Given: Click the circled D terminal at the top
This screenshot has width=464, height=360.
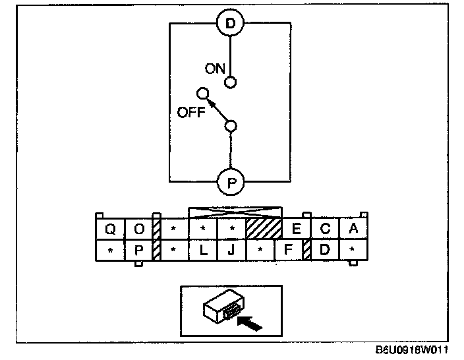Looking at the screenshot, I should click(x=230, y=24).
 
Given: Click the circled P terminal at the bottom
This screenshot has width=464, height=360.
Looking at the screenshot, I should click(x=230, y=181).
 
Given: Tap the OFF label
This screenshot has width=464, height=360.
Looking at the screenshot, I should click(x=192, y=112).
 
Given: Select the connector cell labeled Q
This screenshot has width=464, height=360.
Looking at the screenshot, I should click(x=110, y=229).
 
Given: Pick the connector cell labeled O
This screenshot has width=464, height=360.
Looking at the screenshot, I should click(x=138, y=229).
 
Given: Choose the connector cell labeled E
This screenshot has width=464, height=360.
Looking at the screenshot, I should click(x=296, y=229).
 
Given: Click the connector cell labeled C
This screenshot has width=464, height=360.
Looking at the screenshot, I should click(x=325, y=229).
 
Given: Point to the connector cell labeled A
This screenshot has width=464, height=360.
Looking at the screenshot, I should click(x=353, y=229).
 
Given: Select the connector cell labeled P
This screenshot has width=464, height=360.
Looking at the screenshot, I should click(x=138, y=251).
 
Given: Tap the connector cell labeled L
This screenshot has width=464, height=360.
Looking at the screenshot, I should click(x=203, y=251).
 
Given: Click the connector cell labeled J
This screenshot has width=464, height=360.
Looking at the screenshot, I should click(x=231, y=251).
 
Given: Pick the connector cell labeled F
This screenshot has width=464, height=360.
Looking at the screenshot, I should click(x=287, y=251).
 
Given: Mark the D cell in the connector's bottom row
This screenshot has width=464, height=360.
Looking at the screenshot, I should click(x=324, y=251).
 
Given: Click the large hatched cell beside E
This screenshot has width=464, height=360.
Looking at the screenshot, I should click(x=264, y=229).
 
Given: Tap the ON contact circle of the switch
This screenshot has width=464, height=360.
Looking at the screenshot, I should click(x=230, y=82).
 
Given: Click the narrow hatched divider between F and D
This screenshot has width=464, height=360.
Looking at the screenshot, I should click(x=306, y=251).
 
